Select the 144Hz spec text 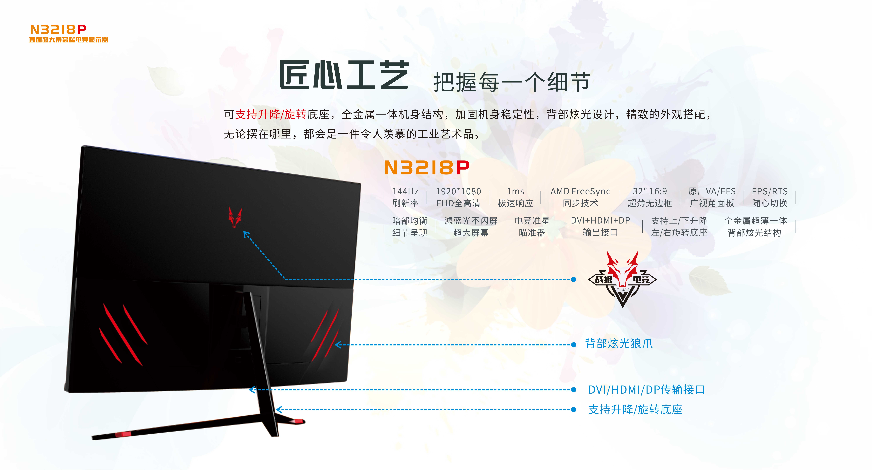(405, 191)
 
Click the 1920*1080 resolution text (458, 191)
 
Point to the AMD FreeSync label (580, 191)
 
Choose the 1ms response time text (515, 191)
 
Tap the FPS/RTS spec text (769, 191)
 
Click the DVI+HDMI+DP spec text (600, 220)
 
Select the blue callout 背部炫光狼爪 (619, 343)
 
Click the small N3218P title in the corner (58, 29)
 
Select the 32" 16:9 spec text (650, 191)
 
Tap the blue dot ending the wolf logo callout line (573, 279)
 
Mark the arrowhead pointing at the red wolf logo (246, 234)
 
